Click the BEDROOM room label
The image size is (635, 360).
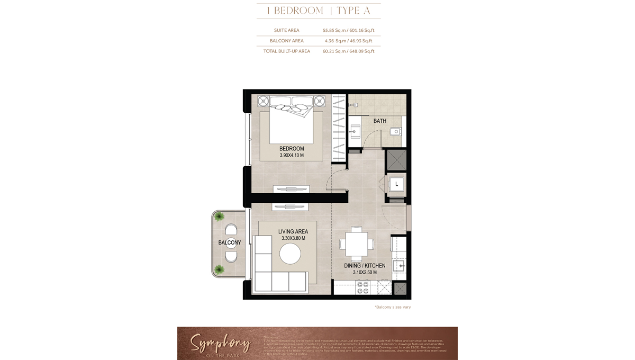tap(292, 149)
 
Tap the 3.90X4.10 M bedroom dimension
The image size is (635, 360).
tap(292, 156)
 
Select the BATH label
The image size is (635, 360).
tap(379, 121)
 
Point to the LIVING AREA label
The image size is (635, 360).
tap(293, 231)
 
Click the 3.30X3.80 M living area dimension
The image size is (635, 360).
tap(293, 239)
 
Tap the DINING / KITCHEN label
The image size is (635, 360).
tap(365, 265)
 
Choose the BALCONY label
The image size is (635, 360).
tap(230, 242)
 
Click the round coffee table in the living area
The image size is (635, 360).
tap(291, 255)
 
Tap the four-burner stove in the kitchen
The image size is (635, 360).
tap(362, 287)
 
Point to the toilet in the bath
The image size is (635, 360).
tap(394, 132)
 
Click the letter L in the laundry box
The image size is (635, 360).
tap(396, 184)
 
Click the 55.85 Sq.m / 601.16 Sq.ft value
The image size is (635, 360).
tap(348, 30)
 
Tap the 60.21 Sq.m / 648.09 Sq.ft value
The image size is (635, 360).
tap(348, 51)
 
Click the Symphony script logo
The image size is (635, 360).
tap(220, 344)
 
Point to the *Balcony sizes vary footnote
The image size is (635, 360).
tap(392, 307)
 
